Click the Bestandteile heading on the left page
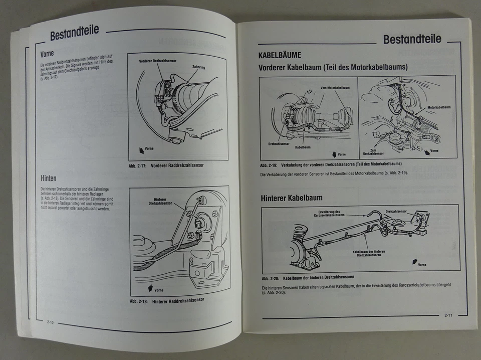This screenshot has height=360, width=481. click(74, 33)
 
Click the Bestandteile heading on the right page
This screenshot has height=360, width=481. click(412, 39)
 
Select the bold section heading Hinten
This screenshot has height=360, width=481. click(48, 178)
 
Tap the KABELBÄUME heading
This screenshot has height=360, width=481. click(280, 55)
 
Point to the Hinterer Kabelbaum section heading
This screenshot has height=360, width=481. click(291, 198)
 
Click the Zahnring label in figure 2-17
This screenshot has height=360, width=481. click(199, 67)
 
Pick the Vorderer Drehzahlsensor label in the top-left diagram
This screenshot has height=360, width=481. click(157, 61)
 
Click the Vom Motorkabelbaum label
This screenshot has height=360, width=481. click(335, 88)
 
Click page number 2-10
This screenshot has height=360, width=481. click(51, 321)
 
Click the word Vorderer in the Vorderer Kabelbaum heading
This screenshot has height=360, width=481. click(277, 67)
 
